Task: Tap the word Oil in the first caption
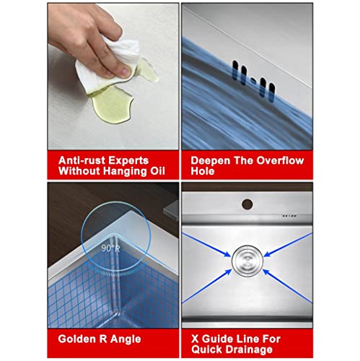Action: click(x=158, y=171)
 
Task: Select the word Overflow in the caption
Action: click(x=280, y=160)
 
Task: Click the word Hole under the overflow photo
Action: click(x=202, y=171)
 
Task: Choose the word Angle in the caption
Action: click(x=126, y=339)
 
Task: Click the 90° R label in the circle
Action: click(x=110, y=248)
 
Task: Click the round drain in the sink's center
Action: click(x=247, y=261)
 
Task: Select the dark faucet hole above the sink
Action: click(x=247, y=204)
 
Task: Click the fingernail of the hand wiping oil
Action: click(x=126, y=71)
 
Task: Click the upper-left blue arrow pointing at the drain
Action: click(x=206, y=245)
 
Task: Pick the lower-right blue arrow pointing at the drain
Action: click(x=287, y=286)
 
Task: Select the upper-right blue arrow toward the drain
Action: click(x=288, y=245)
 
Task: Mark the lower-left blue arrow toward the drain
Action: click(x=207, y=286)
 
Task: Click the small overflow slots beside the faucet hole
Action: click(x=289, y=216)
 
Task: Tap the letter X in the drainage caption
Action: click(x=195, y=339)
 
